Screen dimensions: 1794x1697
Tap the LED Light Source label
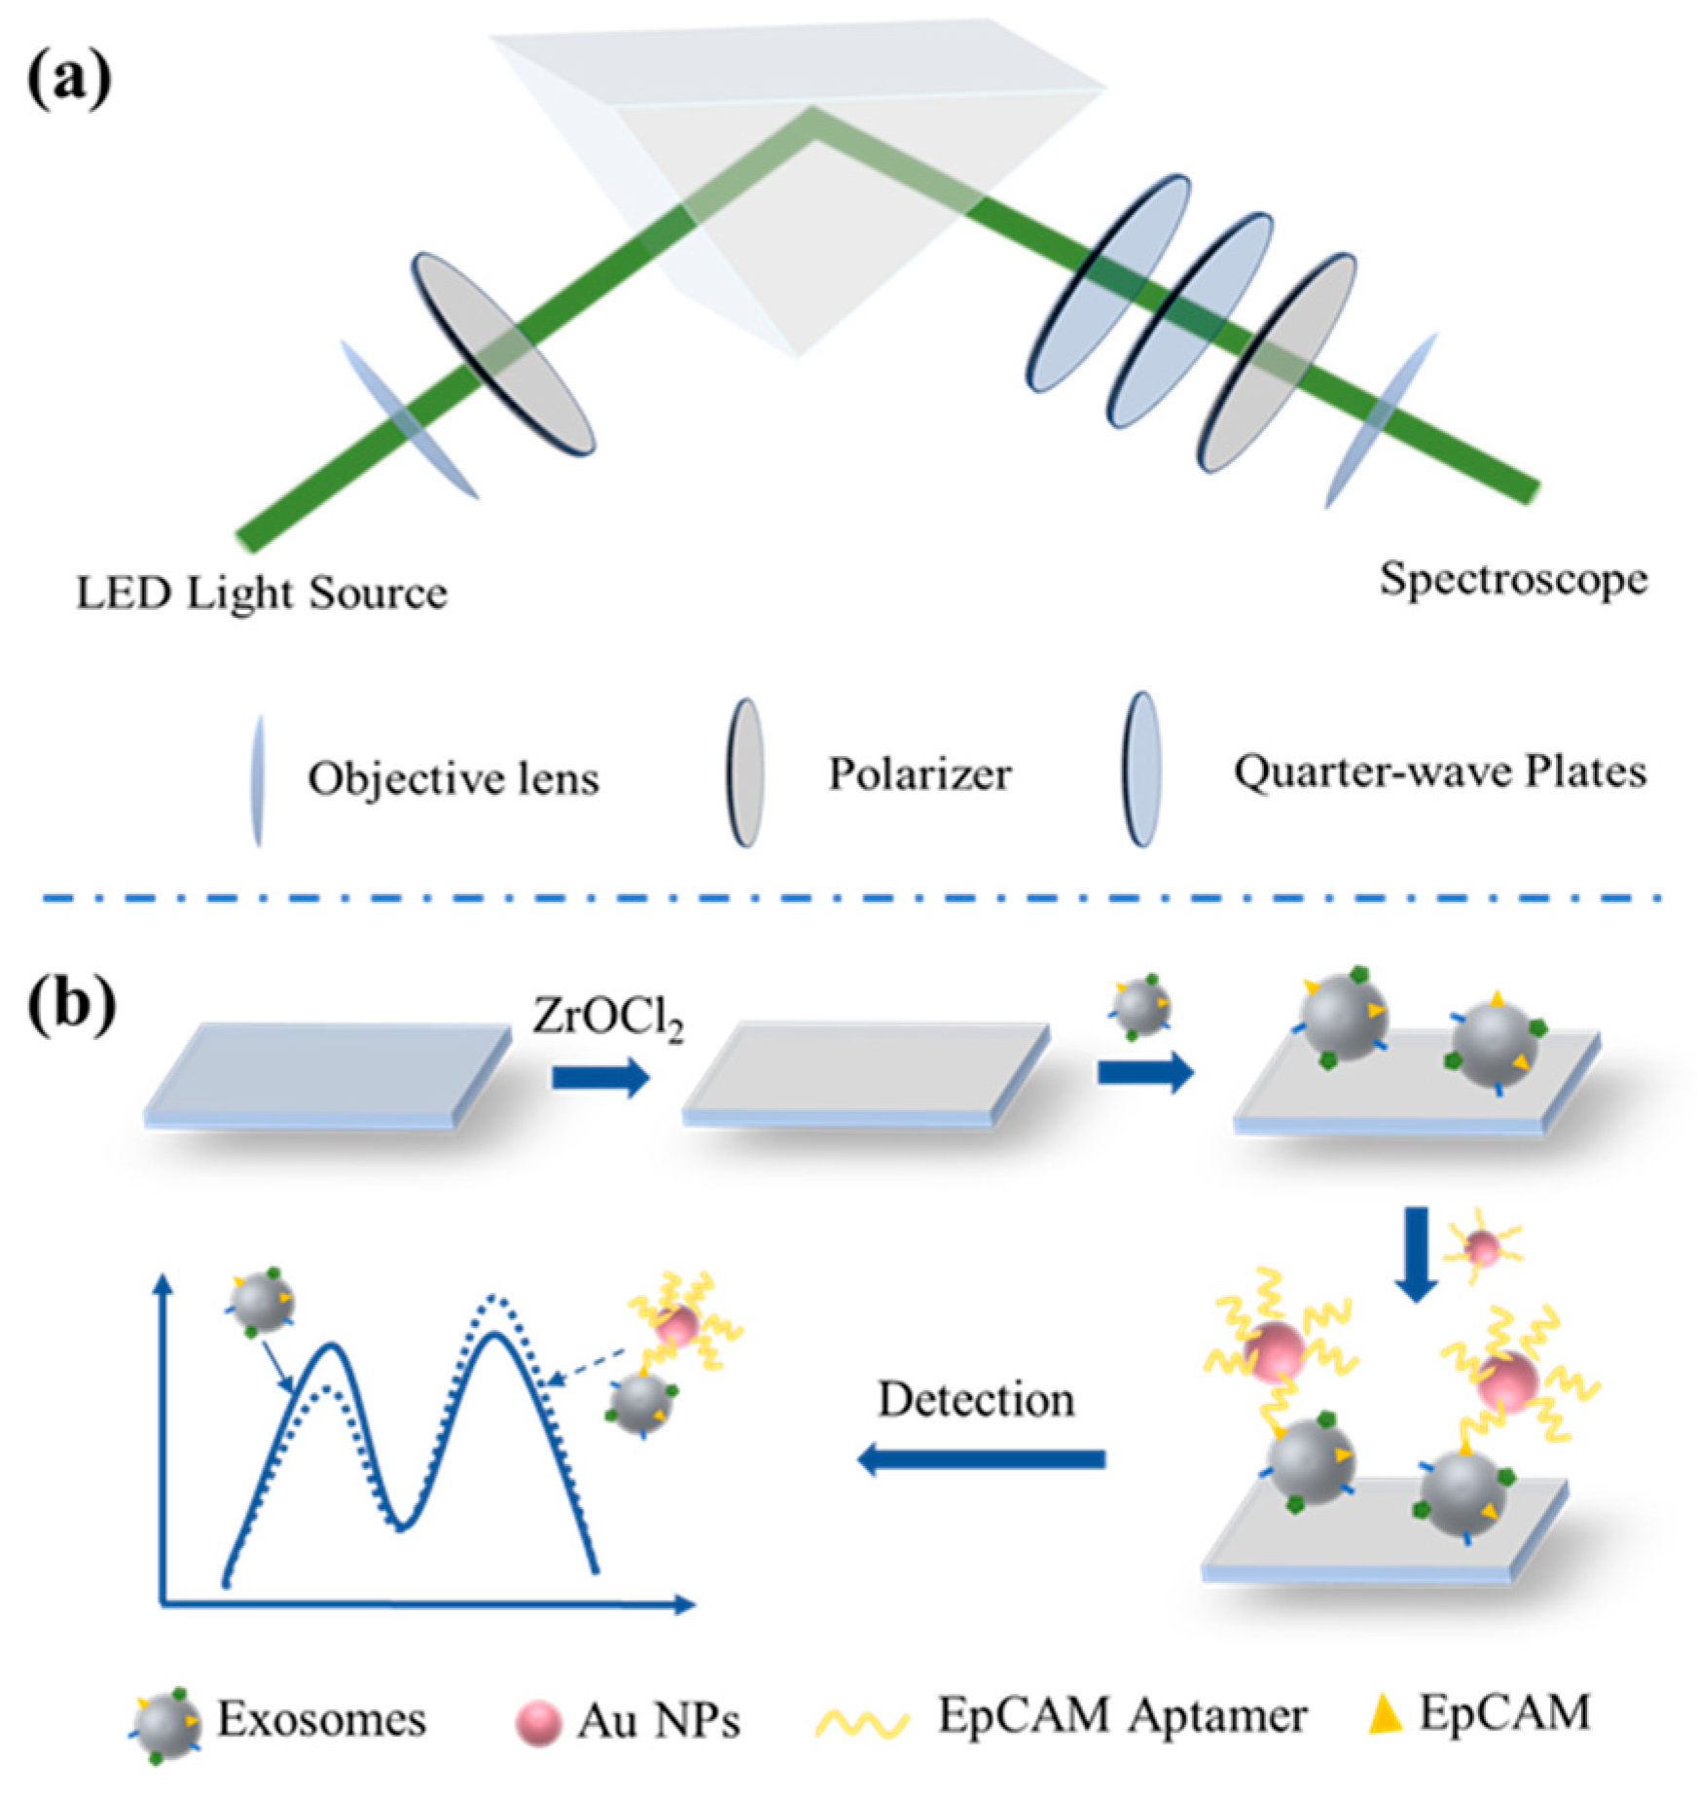(262, 592)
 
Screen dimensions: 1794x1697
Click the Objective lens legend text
(453, 779)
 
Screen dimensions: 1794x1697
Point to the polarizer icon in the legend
(745, 773)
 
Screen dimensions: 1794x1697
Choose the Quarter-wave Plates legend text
(1440, 772)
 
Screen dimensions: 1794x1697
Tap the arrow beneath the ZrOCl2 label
(600, 1077)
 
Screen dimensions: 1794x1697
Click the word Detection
(976, 1400)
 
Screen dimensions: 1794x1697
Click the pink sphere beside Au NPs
(537, 1722)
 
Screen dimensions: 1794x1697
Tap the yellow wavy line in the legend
(861, 1722)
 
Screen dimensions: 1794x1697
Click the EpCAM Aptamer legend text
(1121, 1716)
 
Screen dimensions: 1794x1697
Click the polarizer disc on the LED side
(502, 355)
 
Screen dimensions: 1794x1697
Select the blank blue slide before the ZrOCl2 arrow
(328, 1074)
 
